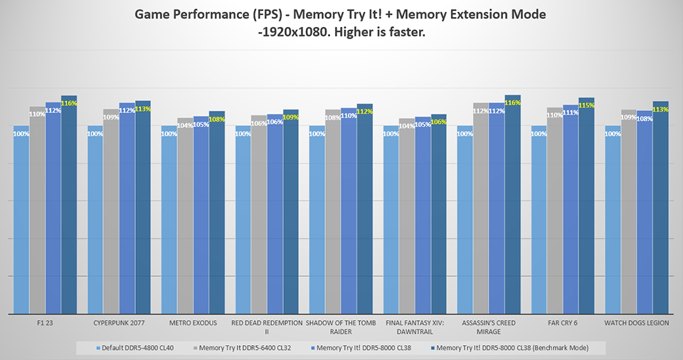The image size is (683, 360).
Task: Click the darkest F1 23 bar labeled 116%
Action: point(69,206)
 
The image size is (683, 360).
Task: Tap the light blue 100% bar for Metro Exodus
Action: point(169,221)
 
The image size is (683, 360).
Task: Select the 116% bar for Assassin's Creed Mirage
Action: point(513,206)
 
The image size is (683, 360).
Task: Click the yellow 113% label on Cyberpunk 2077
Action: point(142,110)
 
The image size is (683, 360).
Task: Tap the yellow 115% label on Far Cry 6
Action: point(586,105)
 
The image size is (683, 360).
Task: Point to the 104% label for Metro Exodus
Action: point(184,126)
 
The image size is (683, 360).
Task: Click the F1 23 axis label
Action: point(45,323)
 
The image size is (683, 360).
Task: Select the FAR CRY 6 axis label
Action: point(563,323)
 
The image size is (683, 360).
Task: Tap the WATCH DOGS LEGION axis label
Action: point(637,323)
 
